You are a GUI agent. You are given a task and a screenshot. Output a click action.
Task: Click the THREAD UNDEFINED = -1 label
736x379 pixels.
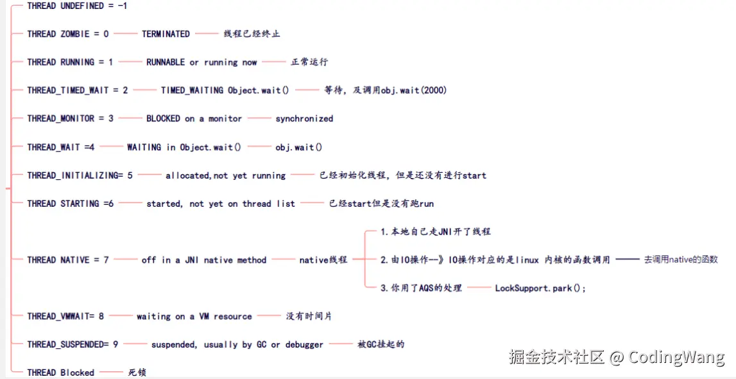coord(77,6)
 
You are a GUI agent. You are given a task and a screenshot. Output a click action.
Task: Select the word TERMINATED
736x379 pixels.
coord(166,34)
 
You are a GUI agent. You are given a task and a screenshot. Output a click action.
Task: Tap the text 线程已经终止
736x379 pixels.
coord(252,34)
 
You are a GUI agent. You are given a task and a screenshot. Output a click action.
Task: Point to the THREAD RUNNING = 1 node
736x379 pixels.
coord(70,62)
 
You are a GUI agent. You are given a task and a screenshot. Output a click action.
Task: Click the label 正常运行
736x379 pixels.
coord(309,62)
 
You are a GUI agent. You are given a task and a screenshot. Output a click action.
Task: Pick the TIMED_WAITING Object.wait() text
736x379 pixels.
coord(225,91)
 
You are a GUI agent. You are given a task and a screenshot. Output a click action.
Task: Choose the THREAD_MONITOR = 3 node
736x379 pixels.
coord(70,119)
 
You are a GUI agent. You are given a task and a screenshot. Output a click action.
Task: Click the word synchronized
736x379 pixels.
coord(304,119)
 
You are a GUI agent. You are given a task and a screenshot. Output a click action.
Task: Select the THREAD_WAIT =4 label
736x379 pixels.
coord(60,147)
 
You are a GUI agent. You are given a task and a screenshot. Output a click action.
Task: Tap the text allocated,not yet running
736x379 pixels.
coord(225,175)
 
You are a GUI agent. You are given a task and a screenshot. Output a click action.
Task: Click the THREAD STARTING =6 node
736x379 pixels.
coord(70,204)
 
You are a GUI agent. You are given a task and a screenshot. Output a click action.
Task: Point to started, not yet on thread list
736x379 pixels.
coord(221,204)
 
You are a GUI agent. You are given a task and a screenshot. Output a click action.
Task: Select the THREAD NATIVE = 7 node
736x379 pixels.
coord(67,260)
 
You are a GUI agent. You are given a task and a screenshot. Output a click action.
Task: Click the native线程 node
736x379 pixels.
coord(323,260)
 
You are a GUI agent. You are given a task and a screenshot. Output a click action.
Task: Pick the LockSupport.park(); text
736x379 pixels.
coord(540,288)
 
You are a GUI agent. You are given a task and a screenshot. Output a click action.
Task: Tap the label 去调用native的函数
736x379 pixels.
coord(681,260)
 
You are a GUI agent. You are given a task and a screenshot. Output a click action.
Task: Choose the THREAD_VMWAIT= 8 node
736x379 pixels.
coord(65,317)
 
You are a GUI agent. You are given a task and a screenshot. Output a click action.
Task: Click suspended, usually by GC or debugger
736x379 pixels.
coord(237,345)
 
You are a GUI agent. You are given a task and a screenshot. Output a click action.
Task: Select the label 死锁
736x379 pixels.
coord(137,373)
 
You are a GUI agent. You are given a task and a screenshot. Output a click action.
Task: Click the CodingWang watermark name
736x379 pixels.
coord(676,357)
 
